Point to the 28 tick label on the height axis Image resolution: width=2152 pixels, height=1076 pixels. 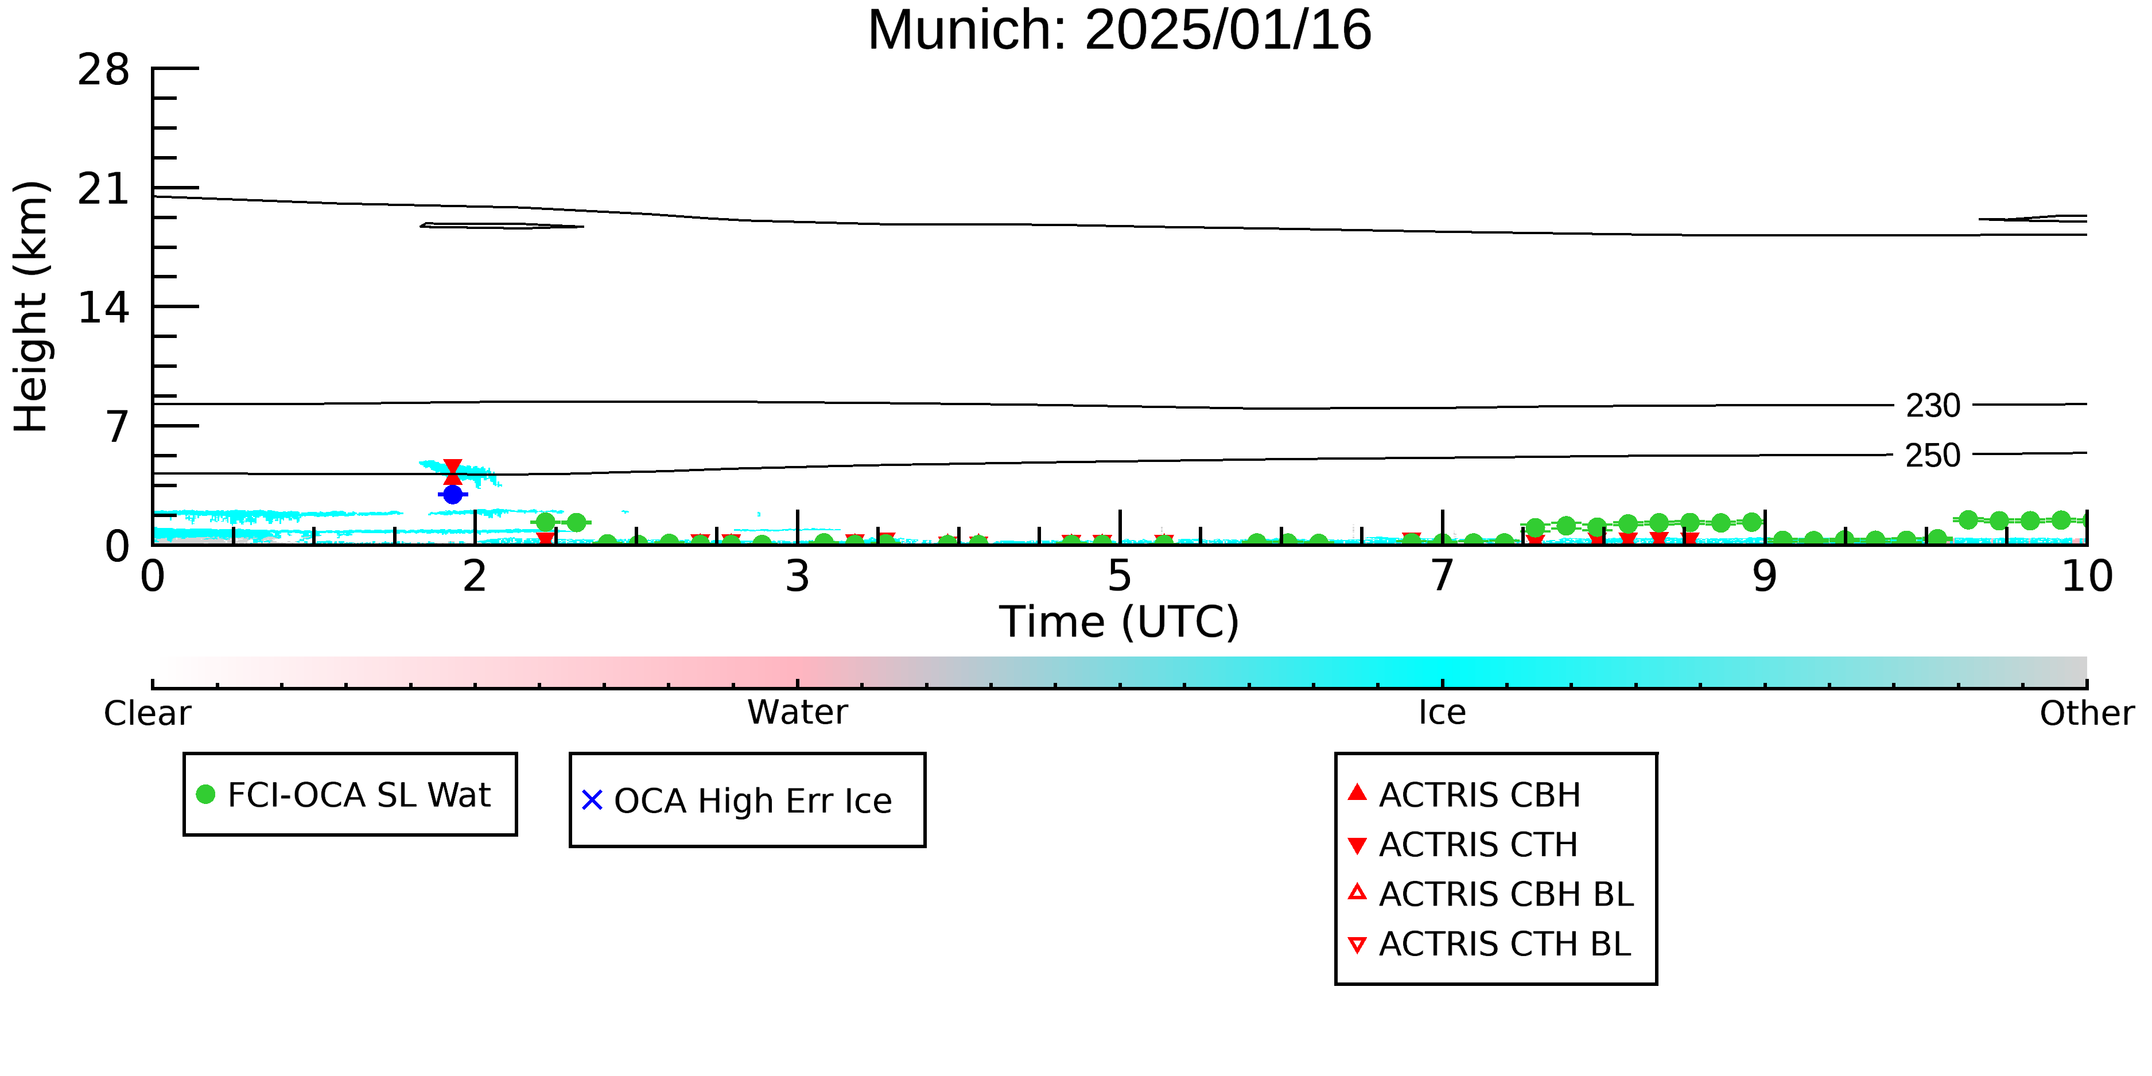104,69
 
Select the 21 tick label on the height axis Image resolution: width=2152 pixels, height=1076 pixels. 104,189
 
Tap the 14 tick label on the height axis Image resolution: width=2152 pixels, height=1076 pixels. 104,308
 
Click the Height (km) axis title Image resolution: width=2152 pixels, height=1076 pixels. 32,306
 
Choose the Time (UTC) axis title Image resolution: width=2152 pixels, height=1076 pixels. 1120,623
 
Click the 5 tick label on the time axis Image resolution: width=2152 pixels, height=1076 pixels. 1120,576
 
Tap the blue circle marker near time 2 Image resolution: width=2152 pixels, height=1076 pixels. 453,495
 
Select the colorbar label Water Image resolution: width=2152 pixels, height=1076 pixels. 798,713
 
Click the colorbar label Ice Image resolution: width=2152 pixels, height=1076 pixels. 1442,713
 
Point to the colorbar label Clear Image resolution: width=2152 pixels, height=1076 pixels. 147,713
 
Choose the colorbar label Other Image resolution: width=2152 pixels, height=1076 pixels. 2087,713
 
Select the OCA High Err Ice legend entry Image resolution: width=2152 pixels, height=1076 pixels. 737,801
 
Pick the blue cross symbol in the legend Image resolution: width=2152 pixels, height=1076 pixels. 592,801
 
